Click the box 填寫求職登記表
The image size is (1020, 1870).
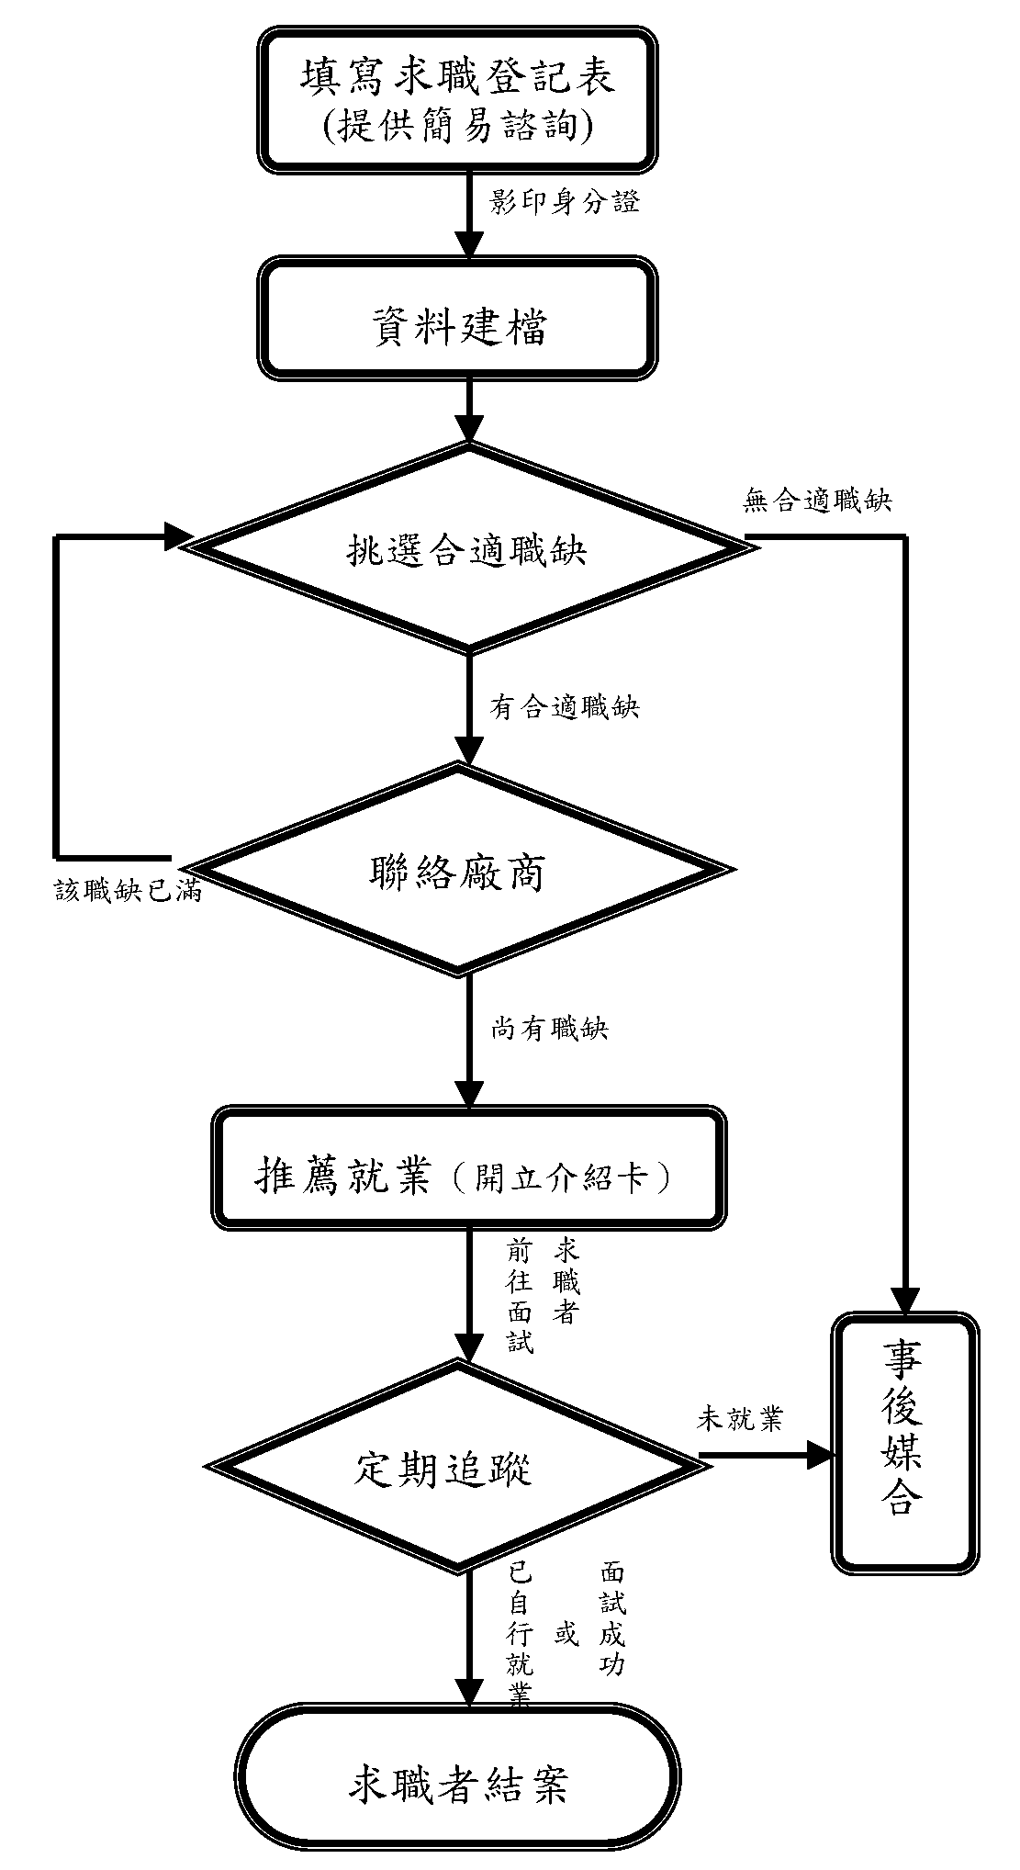457,76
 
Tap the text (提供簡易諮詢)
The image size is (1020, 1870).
457,126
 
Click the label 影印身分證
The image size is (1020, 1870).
564,202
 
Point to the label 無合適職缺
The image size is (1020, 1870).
816,501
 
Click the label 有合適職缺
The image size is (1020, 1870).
564,706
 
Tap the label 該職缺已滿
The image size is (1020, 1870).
128,891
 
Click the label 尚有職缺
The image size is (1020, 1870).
549,1029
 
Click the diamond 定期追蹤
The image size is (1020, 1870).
450,1468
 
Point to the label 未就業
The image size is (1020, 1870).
739,1419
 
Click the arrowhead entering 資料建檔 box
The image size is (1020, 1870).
469,245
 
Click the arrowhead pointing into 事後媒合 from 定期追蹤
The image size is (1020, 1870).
819,1454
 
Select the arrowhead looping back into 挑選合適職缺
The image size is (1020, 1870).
176,536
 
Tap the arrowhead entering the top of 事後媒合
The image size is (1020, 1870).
905,1301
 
